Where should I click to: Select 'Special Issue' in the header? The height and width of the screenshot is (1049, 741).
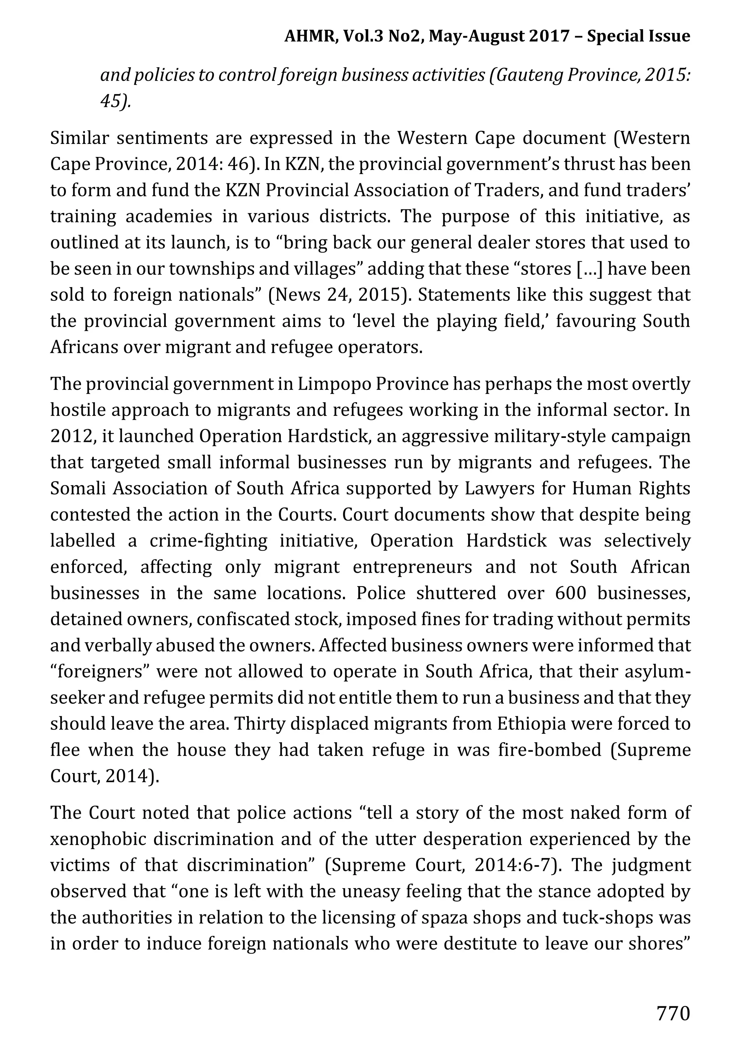638,36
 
